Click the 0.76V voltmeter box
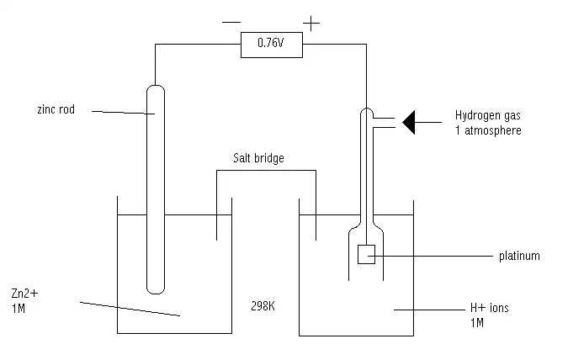[x=270, y=45]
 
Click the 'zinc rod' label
[x=56, y=109]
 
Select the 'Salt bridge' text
[x=257, y=157]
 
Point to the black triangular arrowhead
[x=410, y=122]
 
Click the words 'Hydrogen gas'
[x=488, y=116]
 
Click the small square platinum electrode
[x=366, y=255]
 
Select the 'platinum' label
[x=519, y=256]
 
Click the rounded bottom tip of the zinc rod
[x=156, y=288]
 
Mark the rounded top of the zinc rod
[x=156, y=88]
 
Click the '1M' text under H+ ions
[x=479, y=322]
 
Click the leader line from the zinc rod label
[x=122, y=112]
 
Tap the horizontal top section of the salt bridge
[x=266, y=172]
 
